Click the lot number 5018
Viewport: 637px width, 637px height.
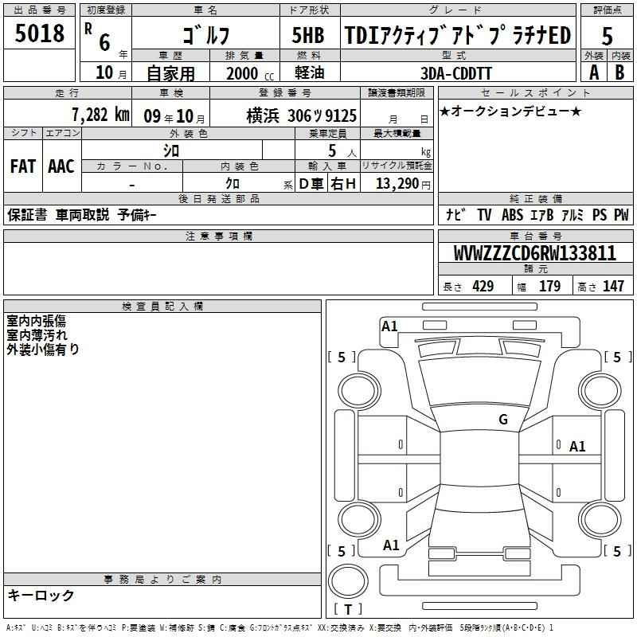pyautogui.click(x=39, y=33)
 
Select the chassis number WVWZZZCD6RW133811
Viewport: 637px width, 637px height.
pyautogui.click(x=534, y=253)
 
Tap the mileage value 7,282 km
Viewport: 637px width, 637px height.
pyautogui.click(x=101, y=115)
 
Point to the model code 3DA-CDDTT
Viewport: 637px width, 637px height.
pyautogui.click(x=455, y=73)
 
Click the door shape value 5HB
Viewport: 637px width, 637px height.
pyautogui.click(x=308, y=35)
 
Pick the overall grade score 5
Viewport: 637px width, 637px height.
pyautogui.click(x=607, y=36)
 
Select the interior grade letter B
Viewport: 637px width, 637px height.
pyautogui.click(x=619, y=72)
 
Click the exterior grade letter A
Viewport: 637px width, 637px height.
pyautogui.click(x=594, y=72)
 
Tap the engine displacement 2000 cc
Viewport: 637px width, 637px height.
pyautogui.click(x=250, y=73)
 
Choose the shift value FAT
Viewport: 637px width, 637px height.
pyautogui.click(x=23, y=166)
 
